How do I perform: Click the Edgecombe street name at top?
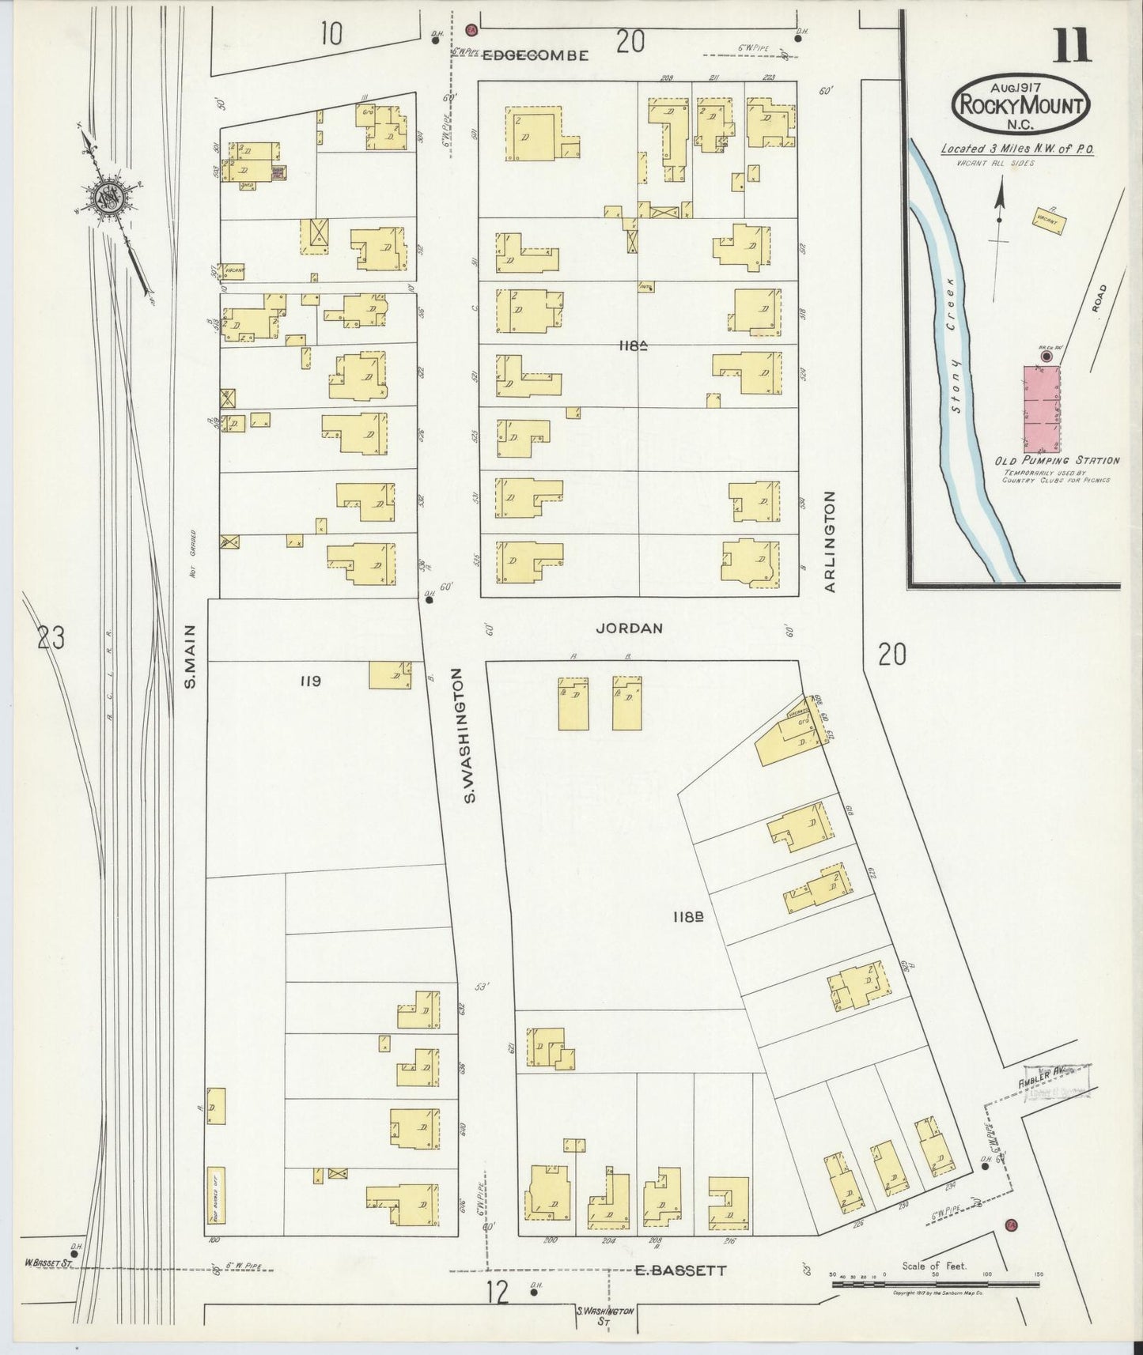coord(536,55)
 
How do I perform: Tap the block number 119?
coord(310,681)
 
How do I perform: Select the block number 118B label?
coord(688,917)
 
